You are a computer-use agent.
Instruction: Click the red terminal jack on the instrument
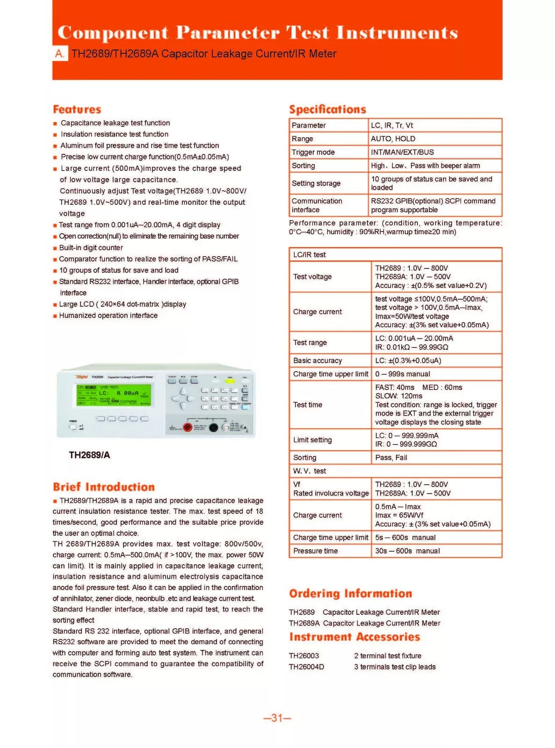187,427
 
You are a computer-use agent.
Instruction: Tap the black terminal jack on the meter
213,427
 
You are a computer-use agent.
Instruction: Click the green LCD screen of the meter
114,396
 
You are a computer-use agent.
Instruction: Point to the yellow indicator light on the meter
230,381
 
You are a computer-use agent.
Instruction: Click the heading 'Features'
77,109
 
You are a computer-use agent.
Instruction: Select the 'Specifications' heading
327,109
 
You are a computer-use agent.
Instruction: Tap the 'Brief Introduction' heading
103,487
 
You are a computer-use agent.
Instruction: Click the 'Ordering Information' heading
350,593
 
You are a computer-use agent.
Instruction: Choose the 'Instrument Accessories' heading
354,637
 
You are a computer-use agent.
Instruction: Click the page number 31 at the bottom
277,718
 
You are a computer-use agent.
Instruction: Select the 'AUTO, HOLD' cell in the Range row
393,139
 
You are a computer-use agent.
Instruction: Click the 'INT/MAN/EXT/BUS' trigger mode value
402,152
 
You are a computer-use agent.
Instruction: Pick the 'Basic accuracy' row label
317,360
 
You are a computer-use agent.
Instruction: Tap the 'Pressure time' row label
315,551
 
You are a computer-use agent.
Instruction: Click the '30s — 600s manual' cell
407,551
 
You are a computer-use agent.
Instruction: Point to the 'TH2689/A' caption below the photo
89,455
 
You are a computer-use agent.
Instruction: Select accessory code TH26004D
306,667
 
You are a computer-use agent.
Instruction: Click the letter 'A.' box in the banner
60,54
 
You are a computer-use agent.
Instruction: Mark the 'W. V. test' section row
310,471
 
